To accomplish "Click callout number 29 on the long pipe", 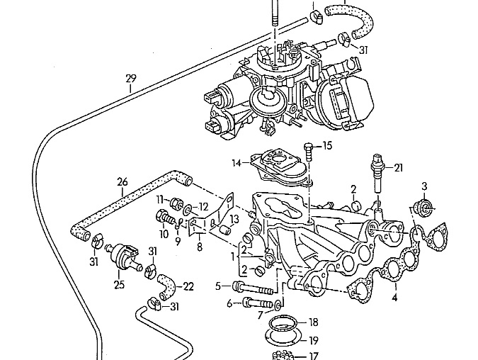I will [x=130, y=79].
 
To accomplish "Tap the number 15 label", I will [x=327, y=146].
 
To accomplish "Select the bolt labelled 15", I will [x=308, y=150].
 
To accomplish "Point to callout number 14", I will [x=237, y=163].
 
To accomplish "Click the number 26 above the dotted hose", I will [x=122, y=182].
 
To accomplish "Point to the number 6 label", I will [x=229, y=303].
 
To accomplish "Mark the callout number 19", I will [x=313, y=339].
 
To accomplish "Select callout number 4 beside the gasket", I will [x=394, y=297].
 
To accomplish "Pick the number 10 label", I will [x=164, y=233].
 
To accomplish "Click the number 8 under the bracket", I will [x=199, y=247].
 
